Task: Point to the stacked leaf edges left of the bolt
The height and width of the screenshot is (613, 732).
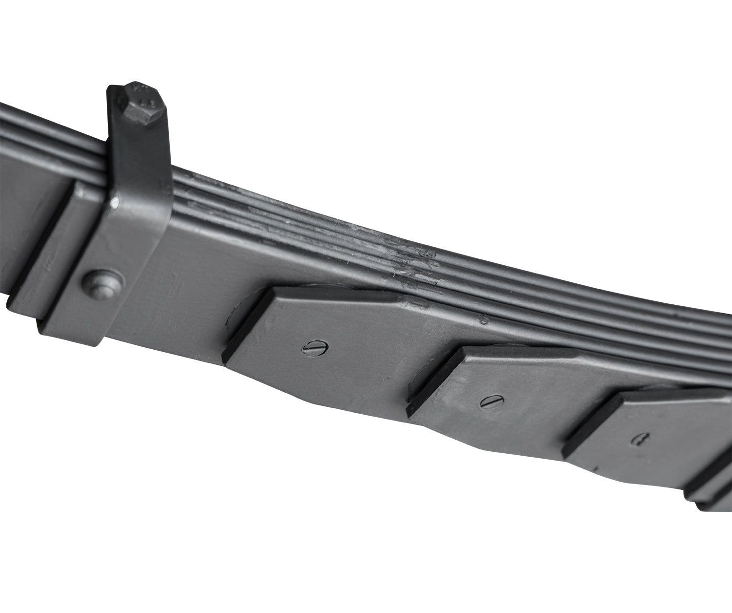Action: tap(49, 132)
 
